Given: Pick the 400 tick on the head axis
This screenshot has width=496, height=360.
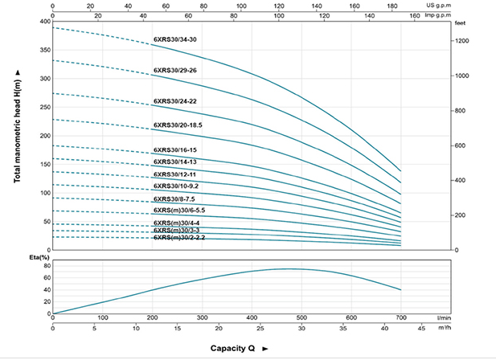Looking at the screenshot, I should click(44, 21).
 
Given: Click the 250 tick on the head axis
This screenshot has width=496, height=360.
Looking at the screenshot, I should click(44, 107).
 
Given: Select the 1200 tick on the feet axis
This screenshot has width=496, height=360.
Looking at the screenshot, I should click(462, 41).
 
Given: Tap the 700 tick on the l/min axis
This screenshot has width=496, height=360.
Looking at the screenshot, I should click(400, 317).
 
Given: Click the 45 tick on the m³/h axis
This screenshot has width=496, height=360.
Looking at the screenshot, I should click(425, 328).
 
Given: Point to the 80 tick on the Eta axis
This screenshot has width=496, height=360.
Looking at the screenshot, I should click(46, 266).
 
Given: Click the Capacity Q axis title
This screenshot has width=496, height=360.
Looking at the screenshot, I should click(239, 348).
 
